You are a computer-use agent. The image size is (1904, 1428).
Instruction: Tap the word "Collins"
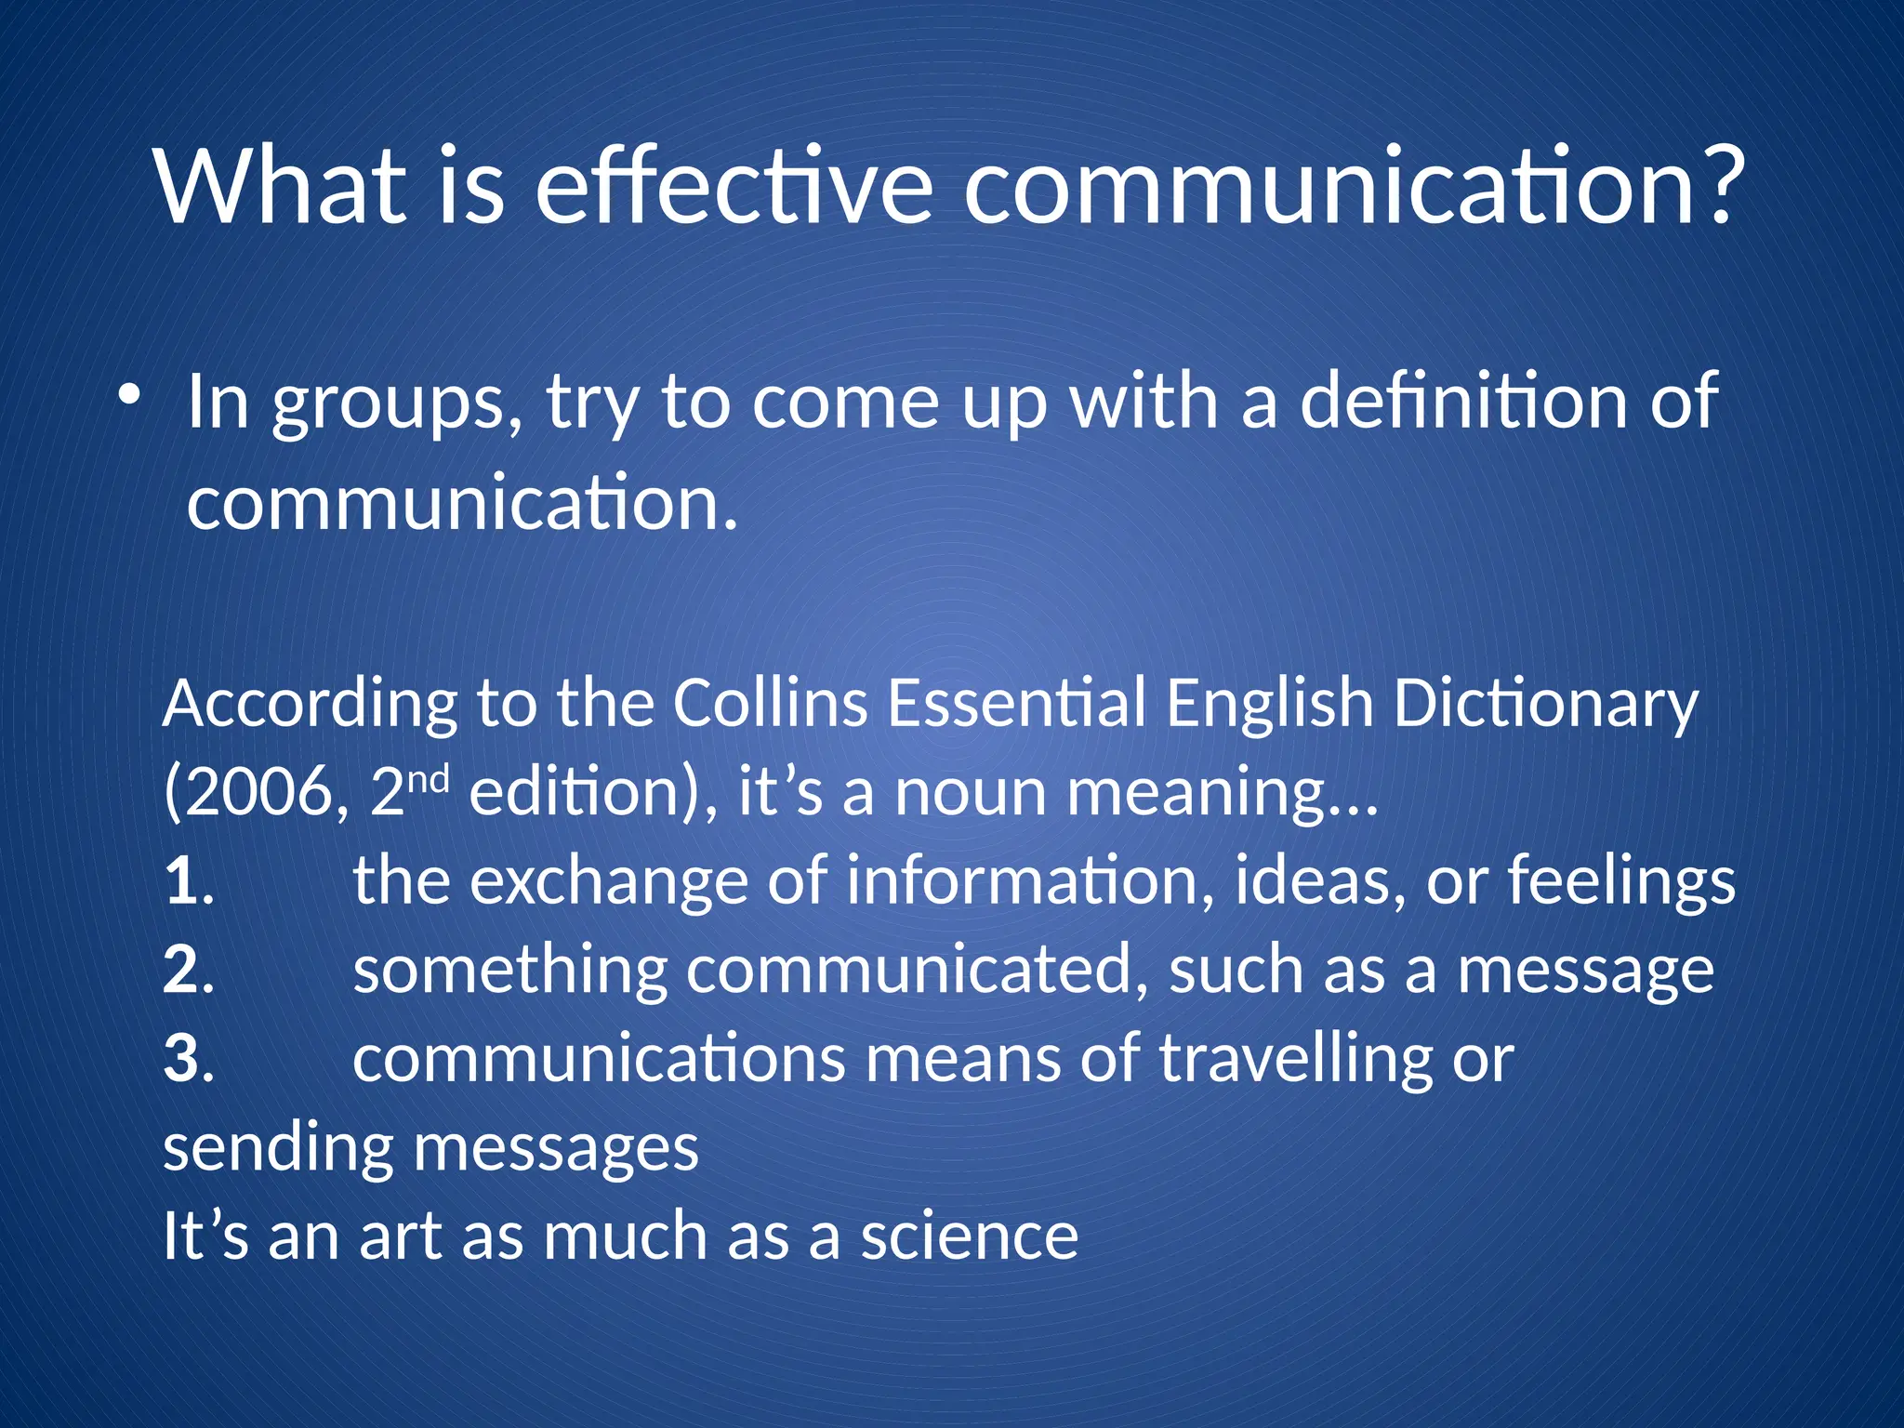coord(770,703)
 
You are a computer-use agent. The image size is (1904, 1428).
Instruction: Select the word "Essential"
coord(1016,703)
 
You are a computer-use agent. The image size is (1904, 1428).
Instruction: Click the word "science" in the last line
coord(969,1237)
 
